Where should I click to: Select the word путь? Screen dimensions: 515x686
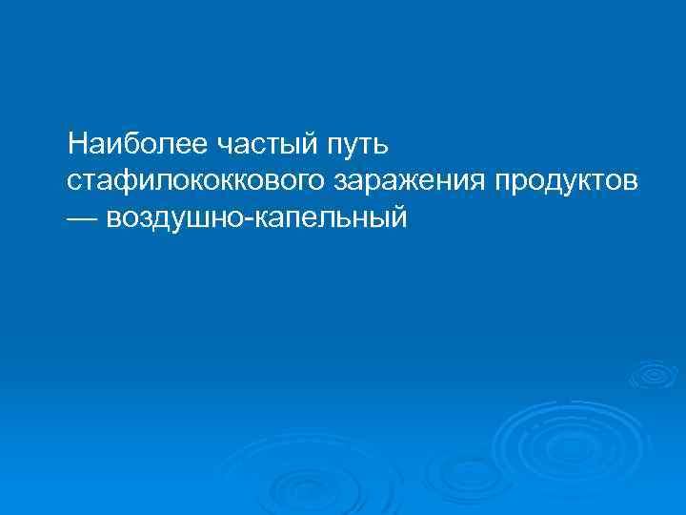[x=356, y=145]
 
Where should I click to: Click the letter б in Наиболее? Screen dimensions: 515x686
[x=131, y=145]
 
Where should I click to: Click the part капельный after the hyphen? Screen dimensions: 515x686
[x=330, y=217]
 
